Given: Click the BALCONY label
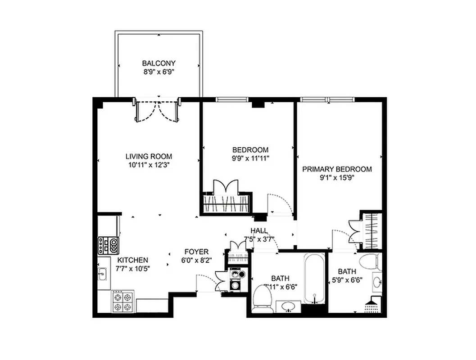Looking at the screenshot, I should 159,63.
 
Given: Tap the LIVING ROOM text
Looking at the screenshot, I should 149,157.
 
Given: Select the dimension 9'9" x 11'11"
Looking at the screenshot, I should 250,158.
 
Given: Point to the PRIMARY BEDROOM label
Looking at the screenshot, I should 337,169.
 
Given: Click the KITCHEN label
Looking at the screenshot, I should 133,260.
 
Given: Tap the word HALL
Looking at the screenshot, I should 259,230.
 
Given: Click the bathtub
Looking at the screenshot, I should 314,279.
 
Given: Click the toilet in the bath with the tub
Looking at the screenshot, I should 262,298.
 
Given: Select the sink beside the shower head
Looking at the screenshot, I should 377,283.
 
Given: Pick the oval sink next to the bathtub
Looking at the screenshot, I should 288,306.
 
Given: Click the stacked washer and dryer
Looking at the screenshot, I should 236,279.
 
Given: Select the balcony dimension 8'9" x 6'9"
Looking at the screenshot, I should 159,71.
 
